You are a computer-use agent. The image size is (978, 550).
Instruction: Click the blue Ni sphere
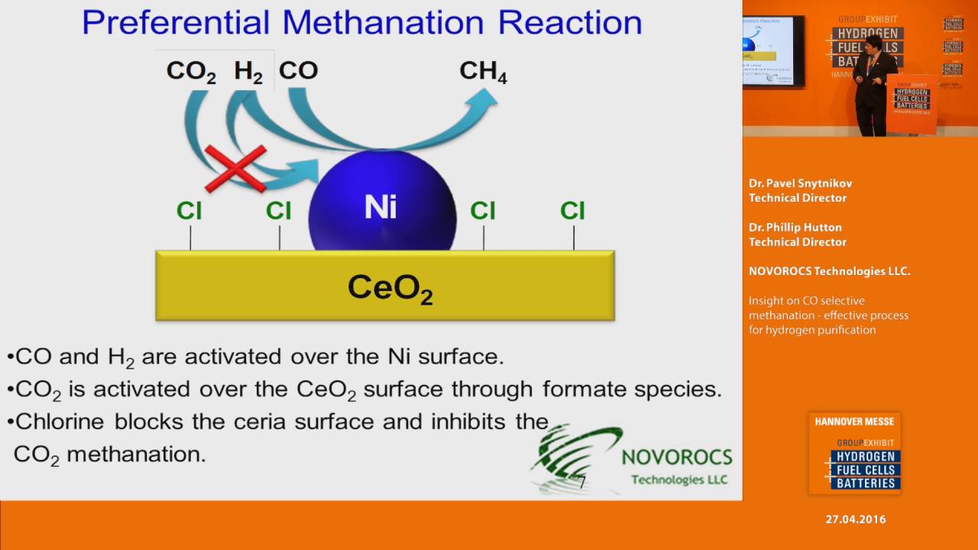click(x=382, y=206)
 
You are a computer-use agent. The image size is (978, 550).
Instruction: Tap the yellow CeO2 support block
click(x=384, y=286)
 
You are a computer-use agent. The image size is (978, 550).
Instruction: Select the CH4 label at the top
click(x=483, y=72)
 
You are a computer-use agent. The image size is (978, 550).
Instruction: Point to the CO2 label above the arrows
click(x=191, y=72)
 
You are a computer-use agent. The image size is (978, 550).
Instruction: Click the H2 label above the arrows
click(x=248, y=72)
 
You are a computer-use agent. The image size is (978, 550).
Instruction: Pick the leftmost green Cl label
click(x=189, y=211)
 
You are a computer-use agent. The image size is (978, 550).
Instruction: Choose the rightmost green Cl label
click(x=572, y=211)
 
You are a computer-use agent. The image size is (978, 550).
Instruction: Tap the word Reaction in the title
click(x=570, y=23)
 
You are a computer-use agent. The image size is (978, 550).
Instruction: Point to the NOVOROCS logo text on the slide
click(x=677, y=458)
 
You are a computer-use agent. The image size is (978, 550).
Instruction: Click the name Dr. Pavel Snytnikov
click(x=800, y=183)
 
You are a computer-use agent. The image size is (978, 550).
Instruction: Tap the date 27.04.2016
click(x=856, y=519)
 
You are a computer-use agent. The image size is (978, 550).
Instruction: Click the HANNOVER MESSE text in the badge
click(x=854, y=422)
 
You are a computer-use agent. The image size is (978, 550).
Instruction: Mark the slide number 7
click(x=582, y=482)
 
